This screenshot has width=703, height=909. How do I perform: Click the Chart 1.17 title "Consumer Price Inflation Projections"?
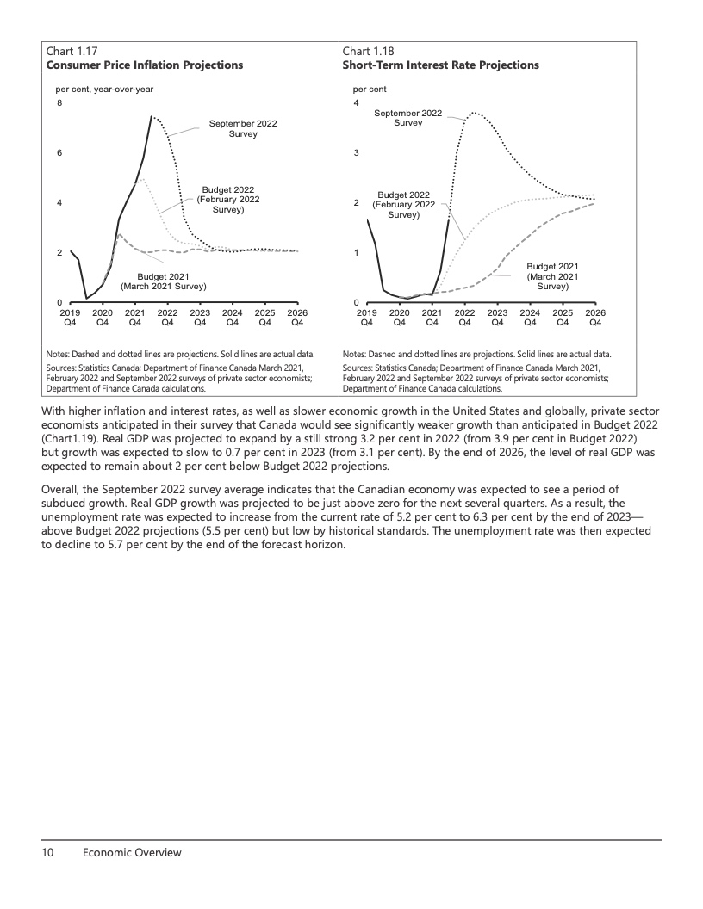tap(145, 65)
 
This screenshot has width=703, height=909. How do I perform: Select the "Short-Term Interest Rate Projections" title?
tap(440, 65)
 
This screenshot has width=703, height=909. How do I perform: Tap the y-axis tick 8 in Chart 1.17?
tap(59, 103)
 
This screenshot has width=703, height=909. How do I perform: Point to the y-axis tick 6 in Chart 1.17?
tap(59, 153)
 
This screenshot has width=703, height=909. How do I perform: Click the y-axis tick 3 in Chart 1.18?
tap(356, 153)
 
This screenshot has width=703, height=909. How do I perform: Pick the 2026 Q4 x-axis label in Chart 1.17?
tap(297, 318)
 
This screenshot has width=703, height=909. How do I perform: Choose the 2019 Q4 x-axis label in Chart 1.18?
tap(366, 318)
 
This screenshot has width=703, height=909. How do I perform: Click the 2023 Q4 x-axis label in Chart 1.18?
tap(497, 318)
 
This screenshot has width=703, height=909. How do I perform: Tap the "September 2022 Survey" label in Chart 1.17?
tap(243, 129)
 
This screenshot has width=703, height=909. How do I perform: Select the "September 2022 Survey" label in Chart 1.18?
tap(407, 118)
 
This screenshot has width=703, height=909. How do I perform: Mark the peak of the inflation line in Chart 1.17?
tap(152, 116)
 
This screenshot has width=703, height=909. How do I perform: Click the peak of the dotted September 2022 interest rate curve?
tap(474, 112)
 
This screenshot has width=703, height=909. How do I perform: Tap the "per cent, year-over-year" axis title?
tap(104, 89)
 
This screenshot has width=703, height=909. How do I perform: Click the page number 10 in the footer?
tap(48, 852)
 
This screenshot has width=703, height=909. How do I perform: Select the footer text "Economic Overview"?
tap(132, 852)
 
